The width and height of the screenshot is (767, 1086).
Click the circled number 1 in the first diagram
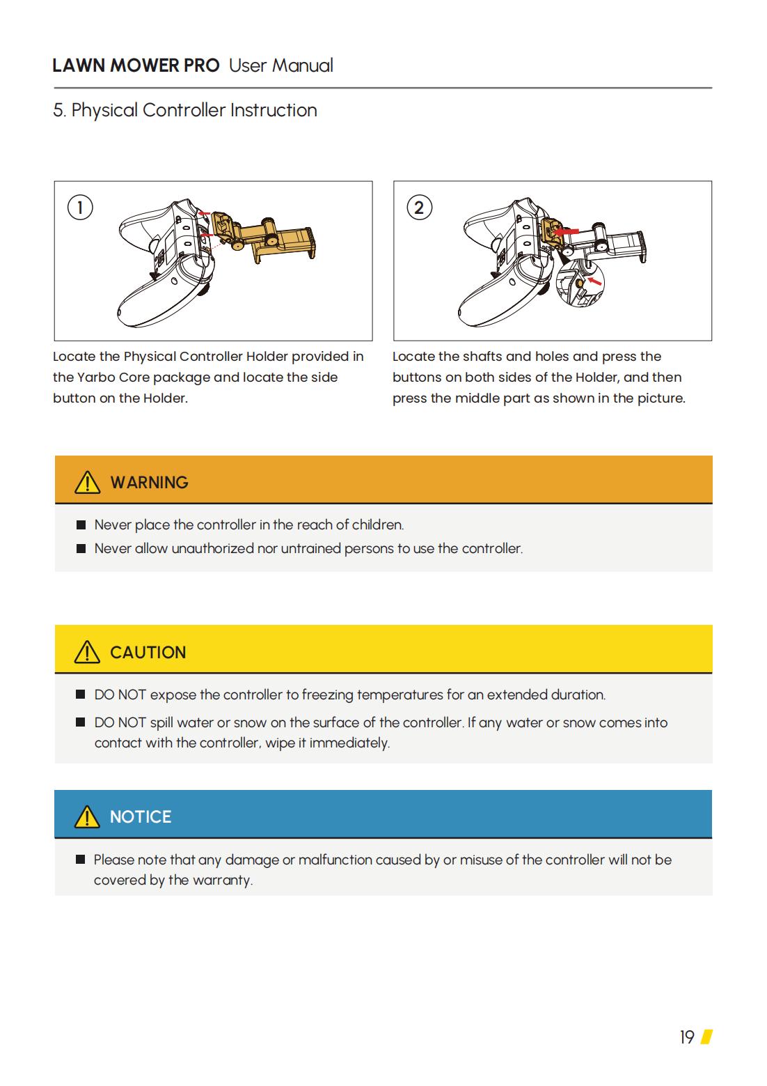(x=80, y=208)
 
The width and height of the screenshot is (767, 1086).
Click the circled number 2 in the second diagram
(x=419, y=208)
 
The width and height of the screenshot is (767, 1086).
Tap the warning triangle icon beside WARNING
(x=87, y=482)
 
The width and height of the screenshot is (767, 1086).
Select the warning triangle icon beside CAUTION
(x=87, y=652)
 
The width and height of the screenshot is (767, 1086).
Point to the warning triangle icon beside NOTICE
(x=87, y=816)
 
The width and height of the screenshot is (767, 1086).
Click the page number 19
(x=687, y=1037)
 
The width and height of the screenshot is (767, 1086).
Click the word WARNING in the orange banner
(x=149, y=483)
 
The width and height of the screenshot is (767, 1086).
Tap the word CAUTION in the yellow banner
(x=148, y=653)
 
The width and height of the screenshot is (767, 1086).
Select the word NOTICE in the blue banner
(x=141, y=817)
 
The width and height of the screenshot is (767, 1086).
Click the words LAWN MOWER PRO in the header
(x=136, y=65)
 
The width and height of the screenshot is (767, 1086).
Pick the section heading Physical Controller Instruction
(x=194, y=110)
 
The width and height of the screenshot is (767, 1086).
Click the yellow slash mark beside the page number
(x=706, y=1037)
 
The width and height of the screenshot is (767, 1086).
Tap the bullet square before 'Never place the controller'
(x=81, y=525)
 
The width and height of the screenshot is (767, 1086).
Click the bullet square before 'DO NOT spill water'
(x=81, y=722)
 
